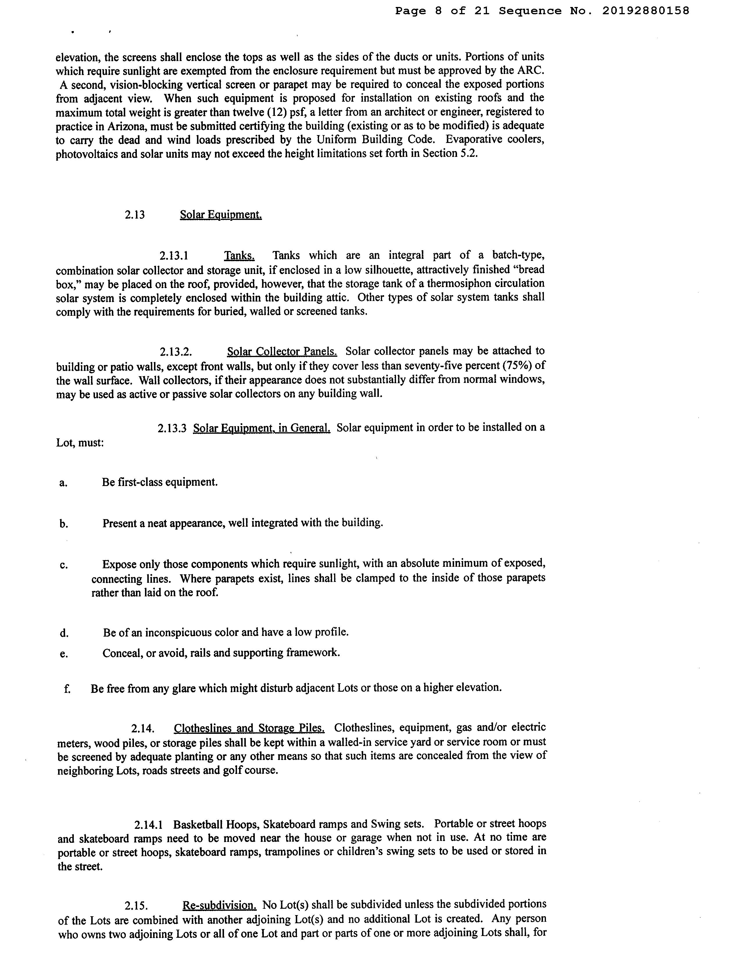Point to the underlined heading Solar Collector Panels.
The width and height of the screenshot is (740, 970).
[282, 351]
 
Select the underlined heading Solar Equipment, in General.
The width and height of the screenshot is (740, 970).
[262, 428]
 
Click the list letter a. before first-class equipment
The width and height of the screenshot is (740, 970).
[63, 483]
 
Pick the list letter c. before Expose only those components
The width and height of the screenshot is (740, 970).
[63, 565]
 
